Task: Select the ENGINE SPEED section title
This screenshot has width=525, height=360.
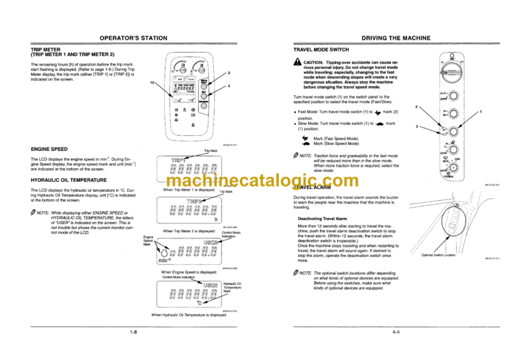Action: (x=49, y=148)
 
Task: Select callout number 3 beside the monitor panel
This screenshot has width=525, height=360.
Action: (x=229, y=73)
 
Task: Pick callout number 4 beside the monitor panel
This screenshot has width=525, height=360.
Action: (x=229, y=85)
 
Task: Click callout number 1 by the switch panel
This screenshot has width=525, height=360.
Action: (x=481, y=111)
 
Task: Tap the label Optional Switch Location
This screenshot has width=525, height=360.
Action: (x=457, y=254)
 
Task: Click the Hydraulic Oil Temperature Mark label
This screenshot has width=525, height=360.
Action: (x=233, y=287)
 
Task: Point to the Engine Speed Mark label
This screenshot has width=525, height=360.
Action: (x=148, y=240)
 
